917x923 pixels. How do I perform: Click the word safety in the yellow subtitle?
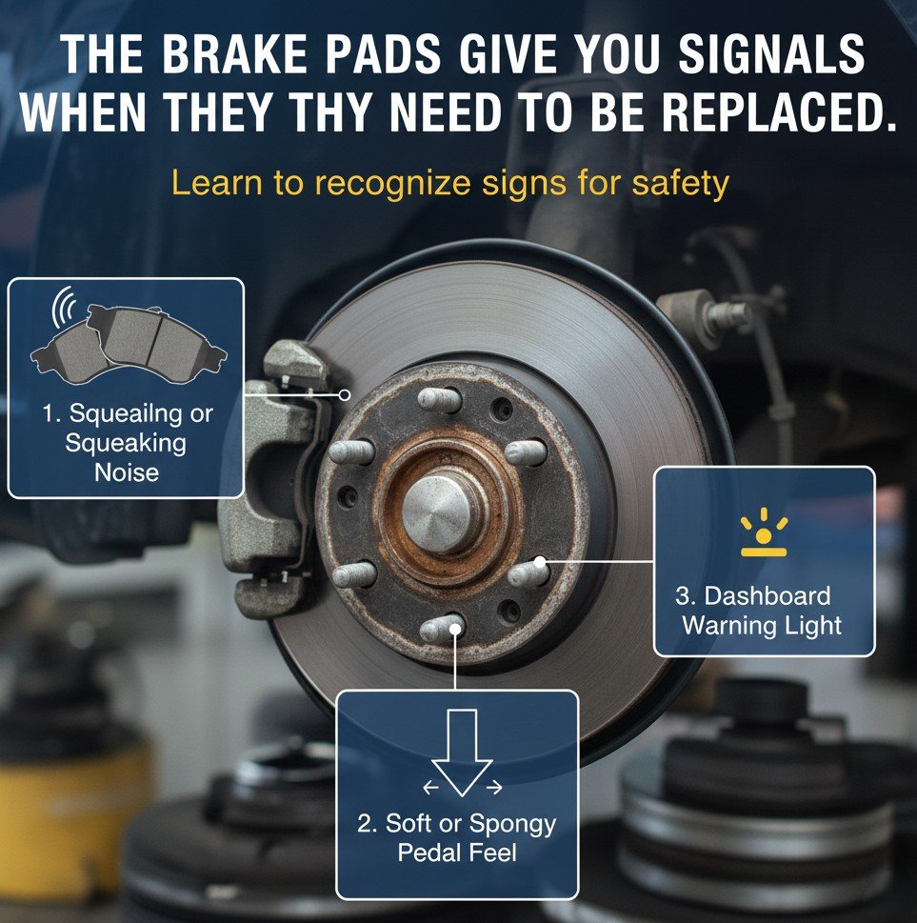coord(680,183)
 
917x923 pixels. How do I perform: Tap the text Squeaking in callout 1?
coord(127,442)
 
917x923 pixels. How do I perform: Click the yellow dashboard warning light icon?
coord(764,537)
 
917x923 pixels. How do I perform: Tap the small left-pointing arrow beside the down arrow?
coord(430,788)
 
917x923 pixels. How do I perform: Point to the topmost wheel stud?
coord(439,399)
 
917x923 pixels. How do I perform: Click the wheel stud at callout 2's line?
coord(444,629)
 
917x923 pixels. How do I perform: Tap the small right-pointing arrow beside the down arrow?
coord(494,788)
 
